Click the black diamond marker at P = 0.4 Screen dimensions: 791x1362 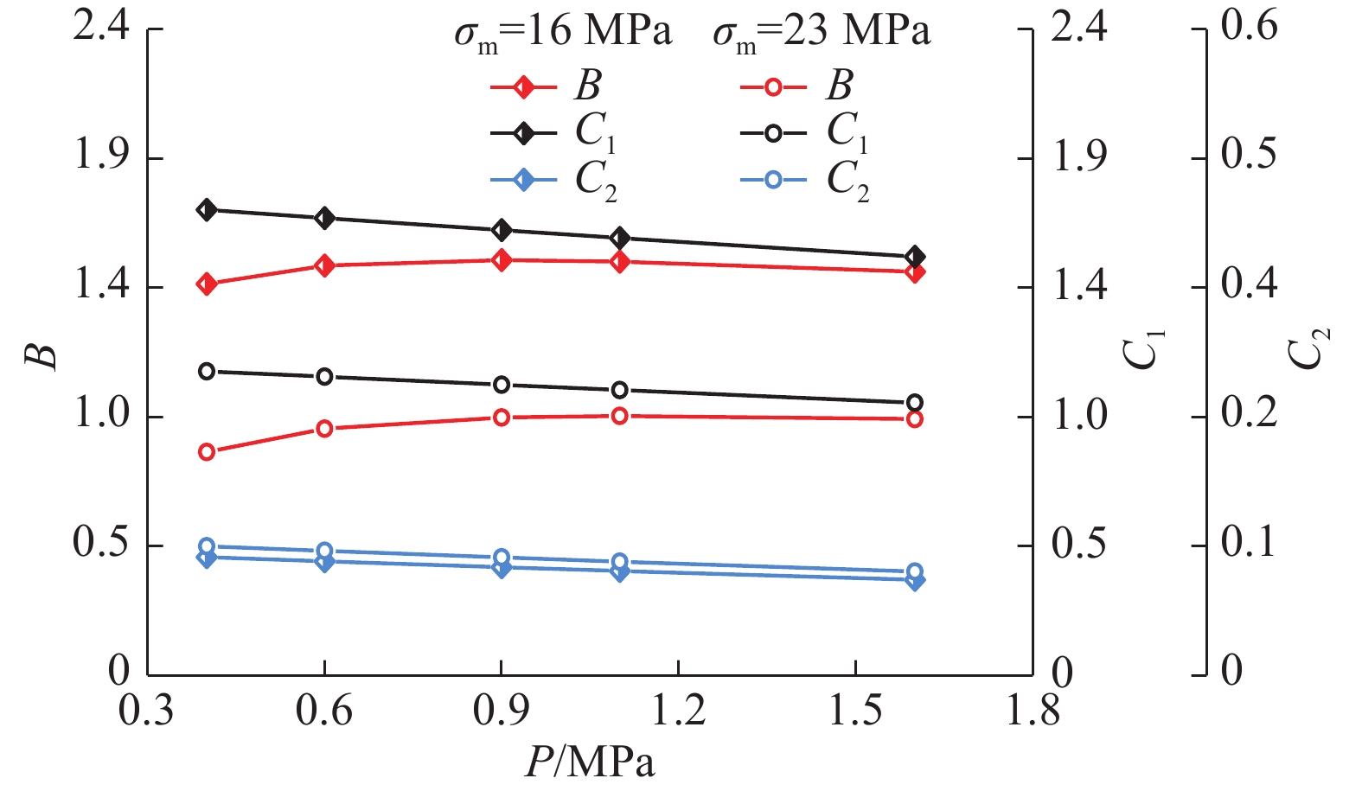point(207,210)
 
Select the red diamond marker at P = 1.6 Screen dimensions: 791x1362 point(916,272)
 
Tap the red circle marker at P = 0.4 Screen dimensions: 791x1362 point(207,452)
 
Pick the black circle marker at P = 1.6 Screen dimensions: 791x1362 point(915,403)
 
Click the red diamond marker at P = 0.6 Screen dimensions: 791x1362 point(325,265)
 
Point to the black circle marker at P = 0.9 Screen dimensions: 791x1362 point(502,385)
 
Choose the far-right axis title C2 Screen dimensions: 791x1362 point(1308,350)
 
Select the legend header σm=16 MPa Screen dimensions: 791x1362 point(563,33)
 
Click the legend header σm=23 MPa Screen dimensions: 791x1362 point(822,33)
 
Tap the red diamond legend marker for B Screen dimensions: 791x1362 point(523,86)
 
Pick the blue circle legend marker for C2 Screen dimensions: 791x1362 point(773,181)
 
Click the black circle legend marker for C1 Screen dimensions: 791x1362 point(773,133)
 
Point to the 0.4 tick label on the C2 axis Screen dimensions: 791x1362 point(1248,284)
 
